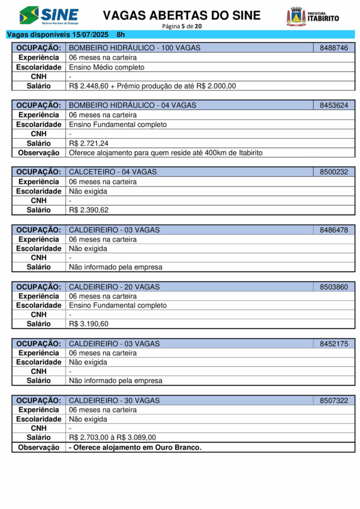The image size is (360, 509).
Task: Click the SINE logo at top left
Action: click(x=49, y=16)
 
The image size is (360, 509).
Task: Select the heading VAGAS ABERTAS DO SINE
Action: click(x=181, y=15)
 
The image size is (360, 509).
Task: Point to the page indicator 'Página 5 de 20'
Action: click(x=181, y=26)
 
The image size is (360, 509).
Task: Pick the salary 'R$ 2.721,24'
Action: click(x=89, y=143)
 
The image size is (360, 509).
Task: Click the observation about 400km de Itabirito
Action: click(x=166, y=153)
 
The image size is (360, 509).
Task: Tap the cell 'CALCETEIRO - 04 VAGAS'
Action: click(x=113, y=172)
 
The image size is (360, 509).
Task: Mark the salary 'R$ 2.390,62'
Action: click(x=89, y=210)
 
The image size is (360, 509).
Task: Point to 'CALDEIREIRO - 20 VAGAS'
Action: click(x=114, y=287)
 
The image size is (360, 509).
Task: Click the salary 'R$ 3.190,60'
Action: click(x=89, y=324)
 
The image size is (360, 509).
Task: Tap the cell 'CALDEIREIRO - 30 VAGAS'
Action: click(x=114, y=401)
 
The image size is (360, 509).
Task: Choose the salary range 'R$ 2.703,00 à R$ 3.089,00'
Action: click(x=112, y=437)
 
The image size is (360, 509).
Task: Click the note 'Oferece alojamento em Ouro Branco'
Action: click(x=135, y=447)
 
